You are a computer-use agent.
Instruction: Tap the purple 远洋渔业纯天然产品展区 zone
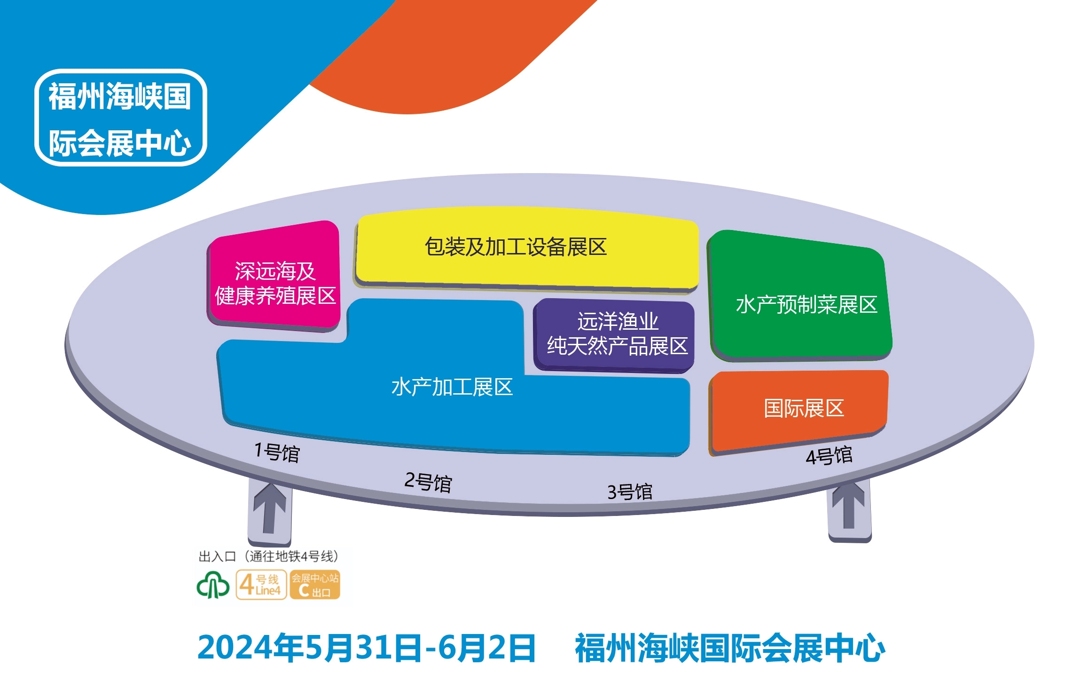tap(614, 335)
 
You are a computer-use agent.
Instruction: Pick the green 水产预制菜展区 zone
tap(800, 296)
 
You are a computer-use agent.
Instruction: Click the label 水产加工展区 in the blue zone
tap(452, 387)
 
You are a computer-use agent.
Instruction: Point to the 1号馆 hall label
tap(277, 452)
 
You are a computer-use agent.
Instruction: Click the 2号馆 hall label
tap(428, 482)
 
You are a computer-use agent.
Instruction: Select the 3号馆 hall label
tap(630, 492)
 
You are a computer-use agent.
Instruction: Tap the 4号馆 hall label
tap(829, 455)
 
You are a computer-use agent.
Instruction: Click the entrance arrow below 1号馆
tap(270, 508)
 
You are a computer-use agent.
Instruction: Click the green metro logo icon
tap(213, 585)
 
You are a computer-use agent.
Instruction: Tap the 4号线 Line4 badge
tap(261, 585)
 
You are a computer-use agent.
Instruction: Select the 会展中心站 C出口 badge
tap(315, 585)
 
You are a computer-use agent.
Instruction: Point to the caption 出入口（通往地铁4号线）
tap(268, 556)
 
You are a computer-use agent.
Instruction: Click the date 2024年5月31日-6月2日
tap(367, 648)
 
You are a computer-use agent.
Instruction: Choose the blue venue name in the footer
tap(730, 648)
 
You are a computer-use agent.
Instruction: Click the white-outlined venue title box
tap(121, 118)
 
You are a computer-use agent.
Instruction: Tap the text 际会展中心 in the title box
tap(120, 143)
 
